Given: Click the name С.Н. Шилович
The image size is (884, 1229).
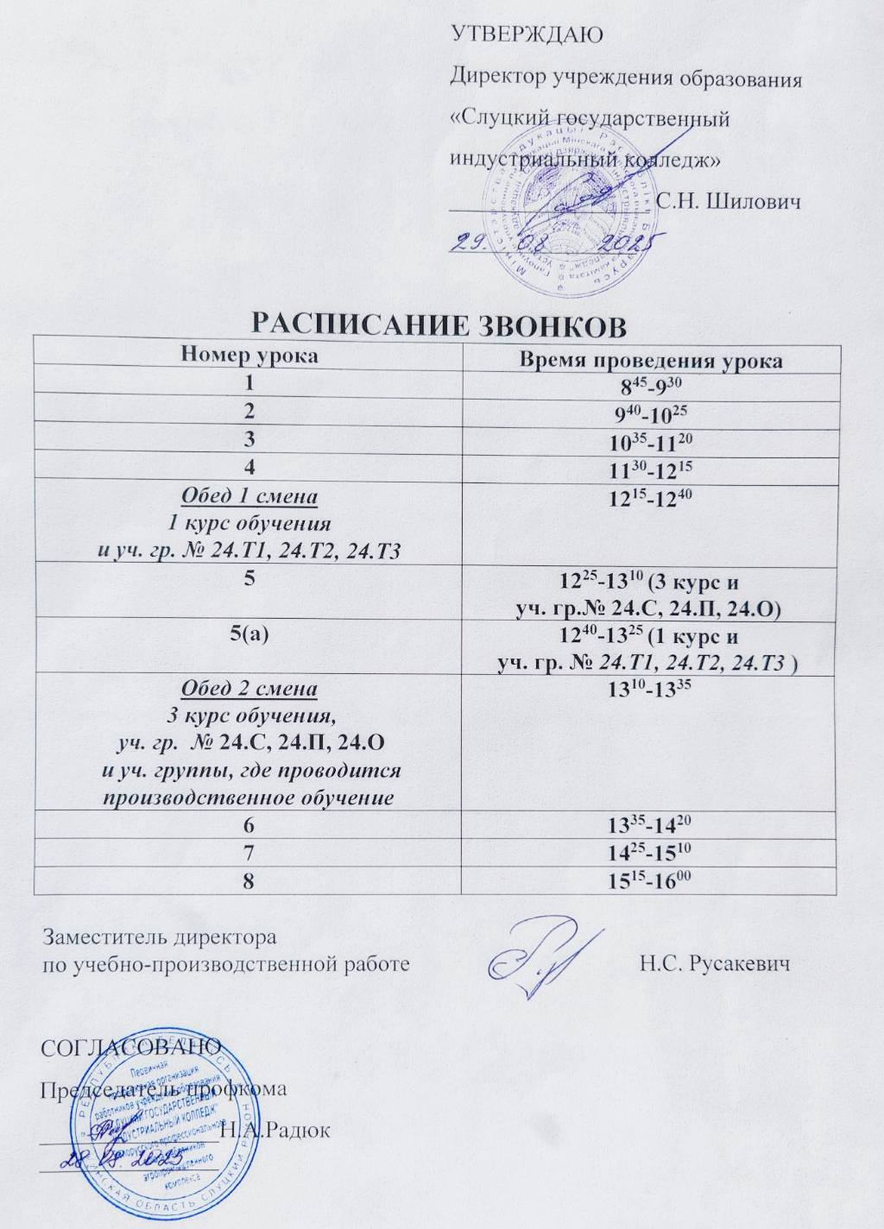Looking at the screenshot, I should coord(729,202).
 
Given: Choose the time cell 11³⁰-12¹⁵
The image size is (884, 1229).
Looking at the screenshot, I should coord(650,470).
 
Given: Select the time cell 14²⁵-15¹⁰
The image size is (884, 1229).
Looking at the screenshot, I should coord(650,852).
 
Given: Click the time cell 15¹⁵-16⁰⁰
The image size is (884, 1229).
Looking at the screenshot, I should coord(650,879).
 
